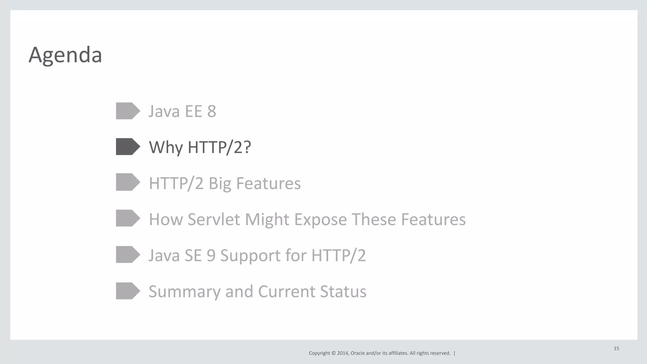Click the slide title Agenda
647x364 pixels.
pyautogui.click(x=65, y=55)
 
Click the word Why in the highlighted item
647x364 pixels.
pyautogui.click(x=166, y=147)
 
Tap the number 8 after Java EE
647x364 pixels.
pyautogui.click(x=212, y=111)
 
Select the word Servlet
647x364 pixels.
pyautogui.click(x=214, y=219)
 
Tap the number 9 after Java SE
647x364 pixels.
pyautogui.click(x=211, y=255)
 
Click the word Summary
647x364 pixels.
pyautogui.click(x=184, y=292)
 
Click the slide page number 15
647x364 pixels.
pyautogui.click(x=616, y=349)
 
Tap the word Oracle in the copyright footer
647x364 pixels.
pyautogui.click(x=358, y=353)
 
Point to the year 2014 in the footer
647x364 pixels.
pyautogui.click(x=342, y=353)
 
